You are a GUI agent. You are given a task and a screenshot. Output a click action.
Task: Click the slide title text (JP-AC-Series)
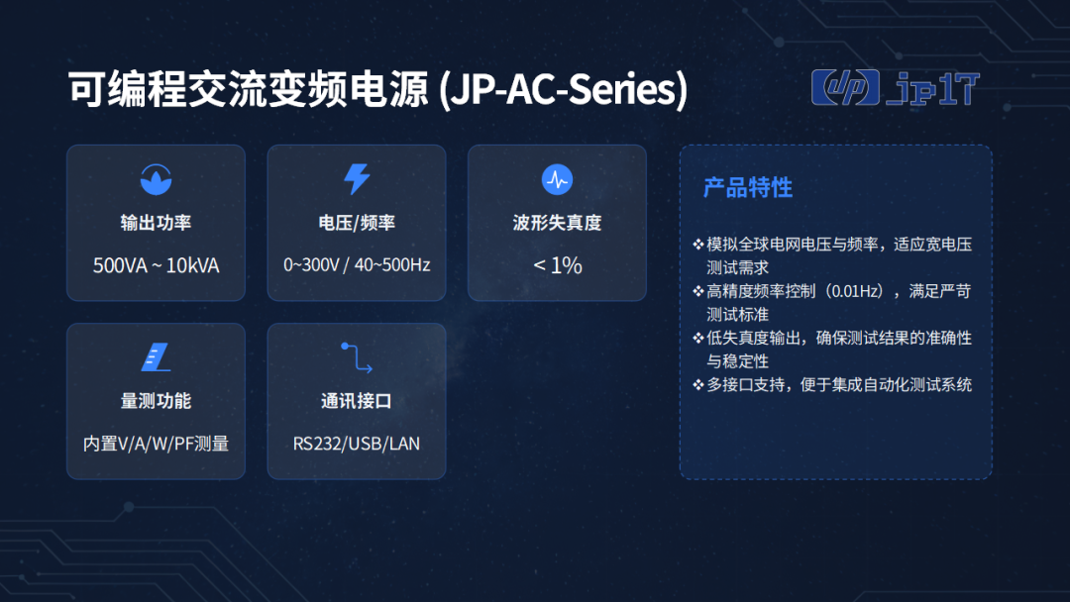[378, 89]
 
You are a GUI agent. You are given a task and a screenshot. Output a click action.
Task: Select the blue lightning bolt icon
[357, 179]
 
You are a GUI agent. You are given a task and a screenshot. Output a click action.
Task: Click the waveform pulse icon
[557, 179]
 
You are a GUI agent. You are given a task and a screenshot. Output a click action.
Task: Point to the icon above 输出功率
[156, 179]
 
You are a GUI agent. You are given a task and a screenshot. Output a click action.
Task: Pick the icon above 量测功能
[156, 357]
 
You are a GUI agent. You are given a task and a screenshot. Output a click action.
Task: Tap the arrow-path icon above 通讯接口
[357, 357]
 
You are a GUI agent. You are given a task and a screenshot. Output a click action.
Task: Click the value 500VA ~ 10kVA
[156, 265]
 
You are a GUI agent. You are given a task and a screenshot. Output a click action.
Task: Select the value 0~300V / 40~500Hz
[357, 264]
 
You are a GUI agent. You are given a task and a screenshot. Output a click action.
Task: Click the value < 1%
[557, 265]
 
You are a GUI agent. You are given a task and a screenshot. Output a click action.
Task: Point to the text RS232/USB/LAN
[357, 444]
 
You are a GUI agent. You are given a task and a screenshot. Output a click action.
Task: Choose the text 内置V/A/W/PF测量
[156, 444]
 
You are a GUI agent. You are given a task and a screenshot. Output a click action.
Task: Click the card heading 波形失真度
[557, 223]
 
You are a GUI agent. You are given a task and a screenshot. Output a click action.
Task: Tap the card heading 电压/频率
[357, 223]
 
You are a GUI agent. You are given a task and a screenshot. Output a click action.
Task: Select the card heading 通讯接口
[357, 401]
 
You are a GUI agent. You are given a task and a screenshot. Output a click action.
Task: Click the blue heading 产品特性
[748, 187]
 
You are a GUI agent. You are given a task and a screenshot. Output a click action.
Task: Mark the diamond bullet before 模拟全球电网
[698, 245]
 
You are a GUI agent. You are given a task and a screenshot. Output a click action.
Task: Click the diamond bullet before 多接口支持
[698, 384]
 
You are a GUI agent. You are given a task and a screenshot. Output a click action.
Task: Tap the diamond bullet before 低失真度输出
[698, 338]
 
